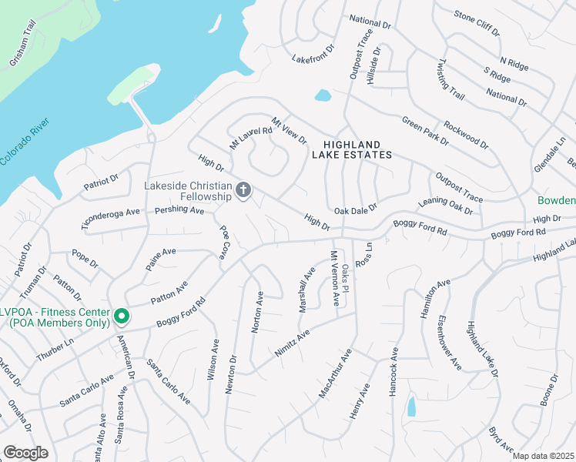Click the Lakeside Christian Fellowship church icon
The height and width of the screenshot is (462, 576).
pyautogui.click(x=243, y=189)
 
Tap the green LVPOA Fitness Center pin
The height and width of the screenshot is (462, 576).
pyautogui.click(x=121, y=316)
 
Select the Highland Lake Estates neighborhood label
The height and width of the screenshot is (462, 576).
pyautogui.click(x=352, y=149)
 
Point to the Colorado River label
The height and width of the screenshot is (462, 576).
pyautogui.click(x=25, y=142)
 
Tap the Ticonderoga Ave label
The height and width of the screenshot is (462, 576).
pyautogui.click(x=112, y=218)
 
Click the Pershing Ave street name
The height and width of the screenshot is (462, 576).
pyautogui.click(x=179, y=209)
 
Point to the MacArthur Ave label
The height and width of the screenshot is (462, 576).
pyautogui.click(x=335, y=374)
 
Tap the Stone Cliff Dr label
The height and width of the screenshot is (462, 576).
pyautogui.click(x=477, y=24)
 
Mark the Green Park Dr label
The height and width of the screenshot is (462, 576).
pyautogui.click(x=425, y=130)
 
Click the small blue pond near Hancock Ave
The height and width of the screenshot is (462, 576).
pyautogui.click(x=411, y=406)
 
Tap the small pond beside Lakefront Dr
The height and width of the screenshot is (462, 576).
pyautogui.click(x=323, y=96)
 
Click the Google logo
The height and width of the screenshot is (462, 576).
pyautogui.click(x=25, y=453)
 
